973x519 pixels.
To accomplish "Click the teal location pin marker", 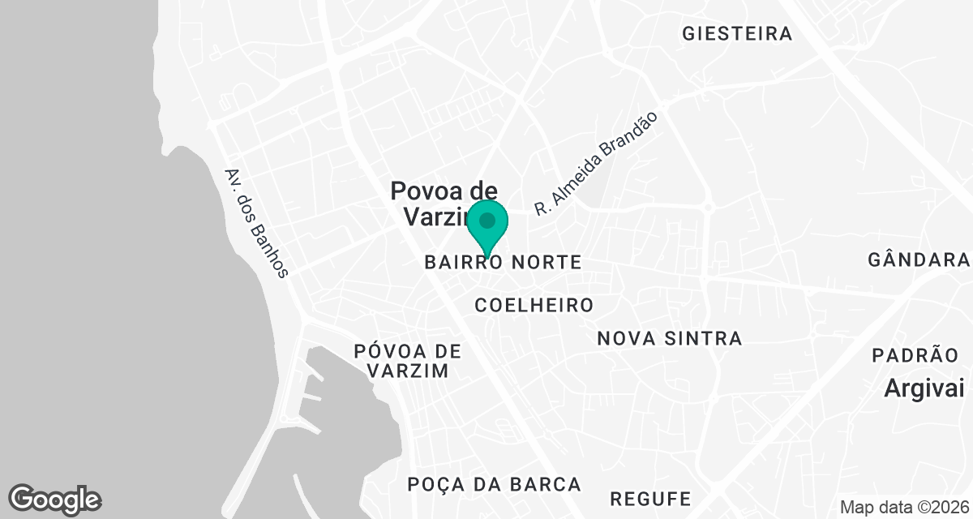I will pos(487,227).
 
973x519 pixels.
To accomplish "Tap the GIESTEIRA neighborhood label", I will pos(737,34).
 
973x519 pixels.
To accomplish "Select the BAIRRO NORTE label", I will pos(503,263).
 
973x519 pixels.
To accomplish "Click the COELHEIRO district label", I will pos(534,306).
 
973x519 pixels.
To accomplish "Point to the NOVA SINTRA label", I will pos(670,338).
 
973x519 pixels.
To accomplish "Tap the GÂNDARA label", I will pos(919,260).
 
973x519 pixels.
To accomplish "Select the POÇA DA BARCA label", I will pos(495,485).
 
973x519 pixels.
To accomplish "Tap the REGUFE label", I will pos(651,497).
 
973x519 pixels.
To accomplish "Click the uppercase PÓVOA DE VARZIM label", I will pos(408,361).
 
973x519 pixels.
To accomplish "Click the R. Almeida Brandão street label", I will pos(595,164).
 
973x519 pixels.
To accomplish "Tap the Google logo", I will pos(54,499).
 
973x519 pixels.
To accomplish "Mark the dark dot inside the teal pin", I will pos(487,221).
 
